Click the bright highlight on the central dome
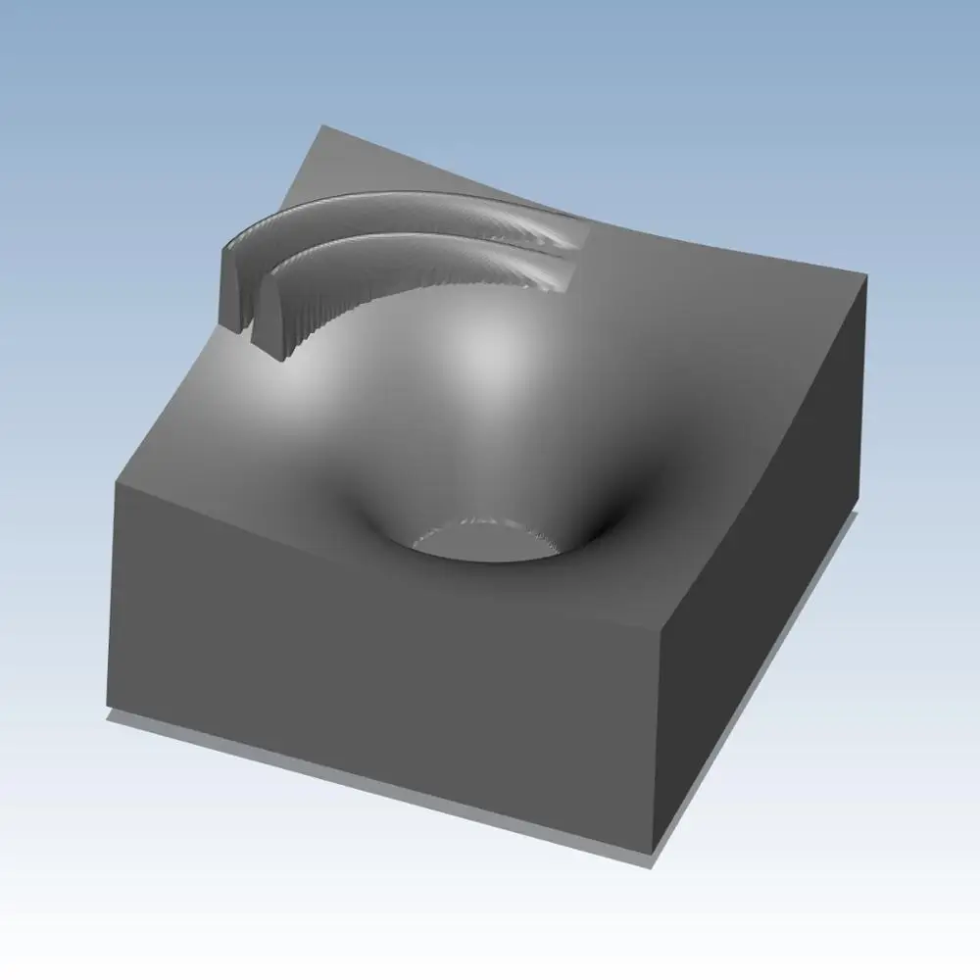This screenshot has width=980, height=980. (x=485, y=353)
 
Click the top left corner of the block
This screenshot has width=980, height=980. (x=116, y=482)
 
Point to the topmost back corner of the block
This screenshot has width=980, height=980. (x=323, y=125)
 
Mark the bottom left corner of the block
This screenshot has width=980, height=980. (x=108, y=713)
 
